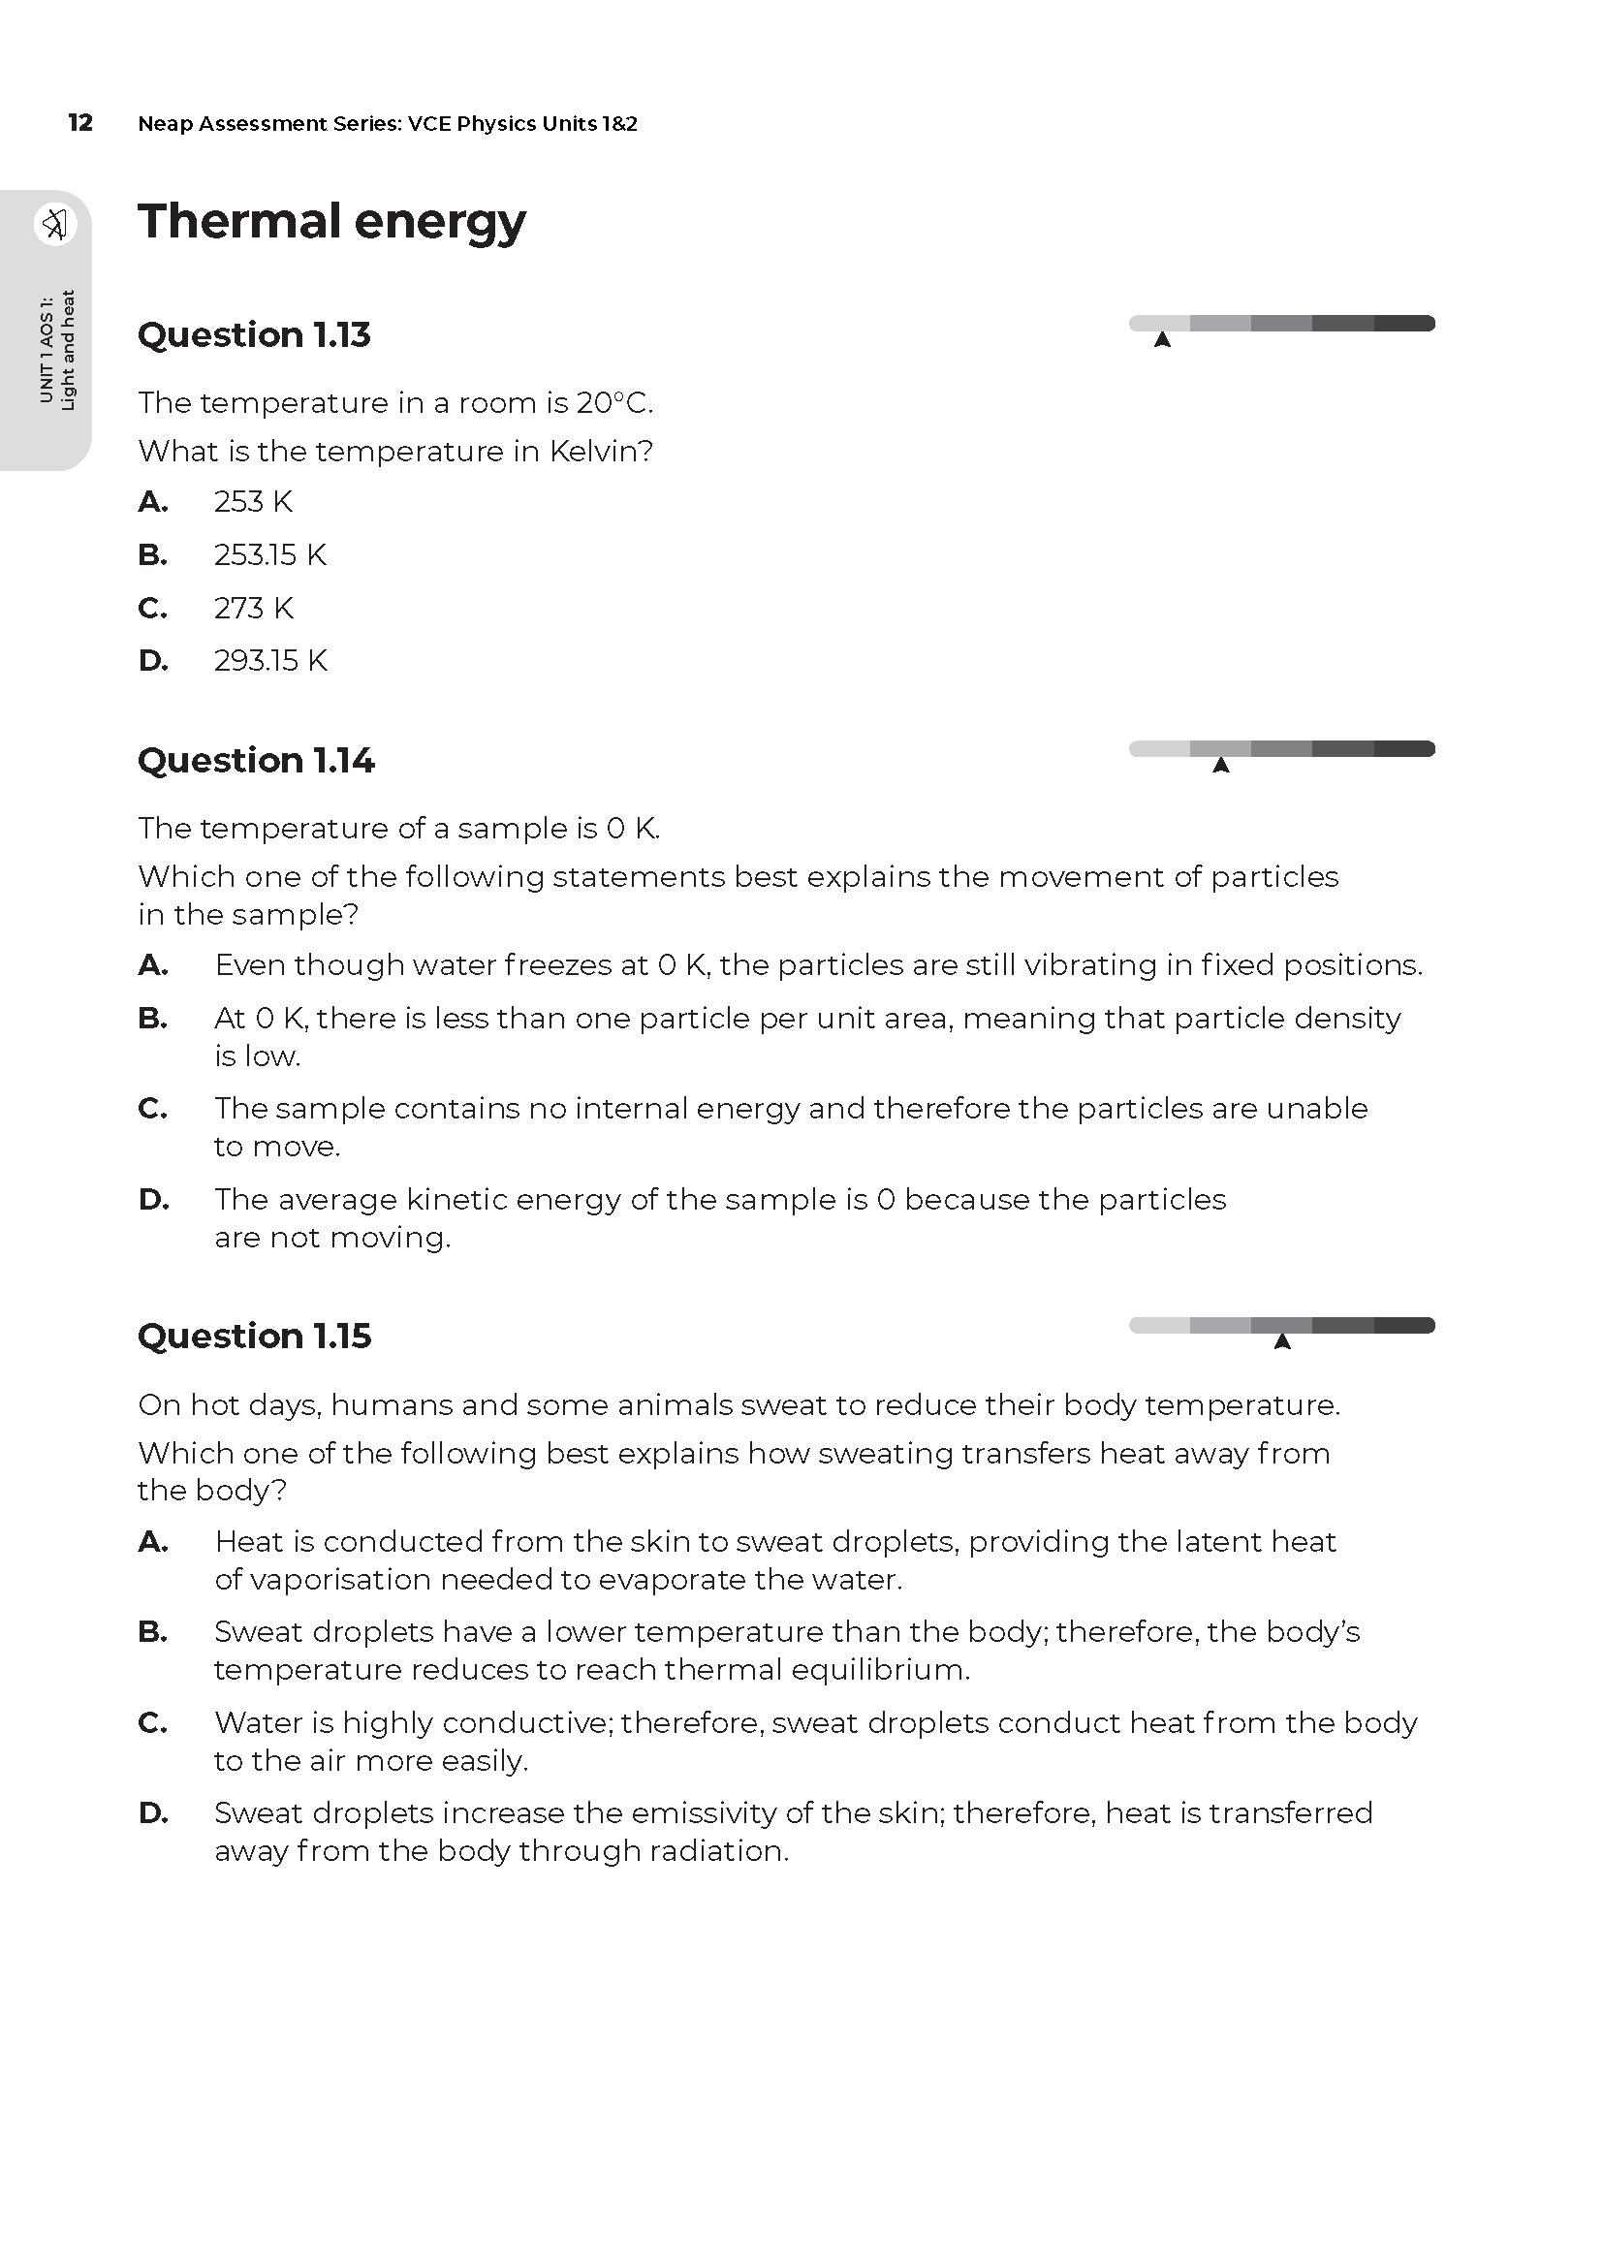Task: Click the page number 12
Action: point(79,122)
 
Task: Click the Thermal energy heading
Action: point(331,221)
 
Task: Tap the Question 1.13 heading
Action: point(254,334)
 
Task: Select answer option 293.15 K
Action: point(269,661)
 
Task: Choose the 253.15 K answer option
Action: point(269,555)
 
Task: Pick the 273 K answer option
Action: point(254,609)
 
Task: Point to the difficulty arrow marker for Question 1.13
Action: point(1163,340)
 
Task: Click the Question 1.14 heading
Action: point(256,760)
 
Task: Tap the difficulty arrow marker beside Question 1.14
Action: point(1221,767)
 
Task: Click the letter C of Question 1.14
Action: point(153,1109)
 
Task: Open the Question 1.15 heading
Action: point(254,1336)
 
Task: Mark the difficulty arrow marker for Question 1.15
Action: point(1282,1341)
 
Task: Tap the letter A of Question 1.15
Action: point(153,1542)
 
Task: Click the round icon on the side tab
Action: point(54,224)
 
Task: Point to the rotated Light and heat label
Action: point(67,350)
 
